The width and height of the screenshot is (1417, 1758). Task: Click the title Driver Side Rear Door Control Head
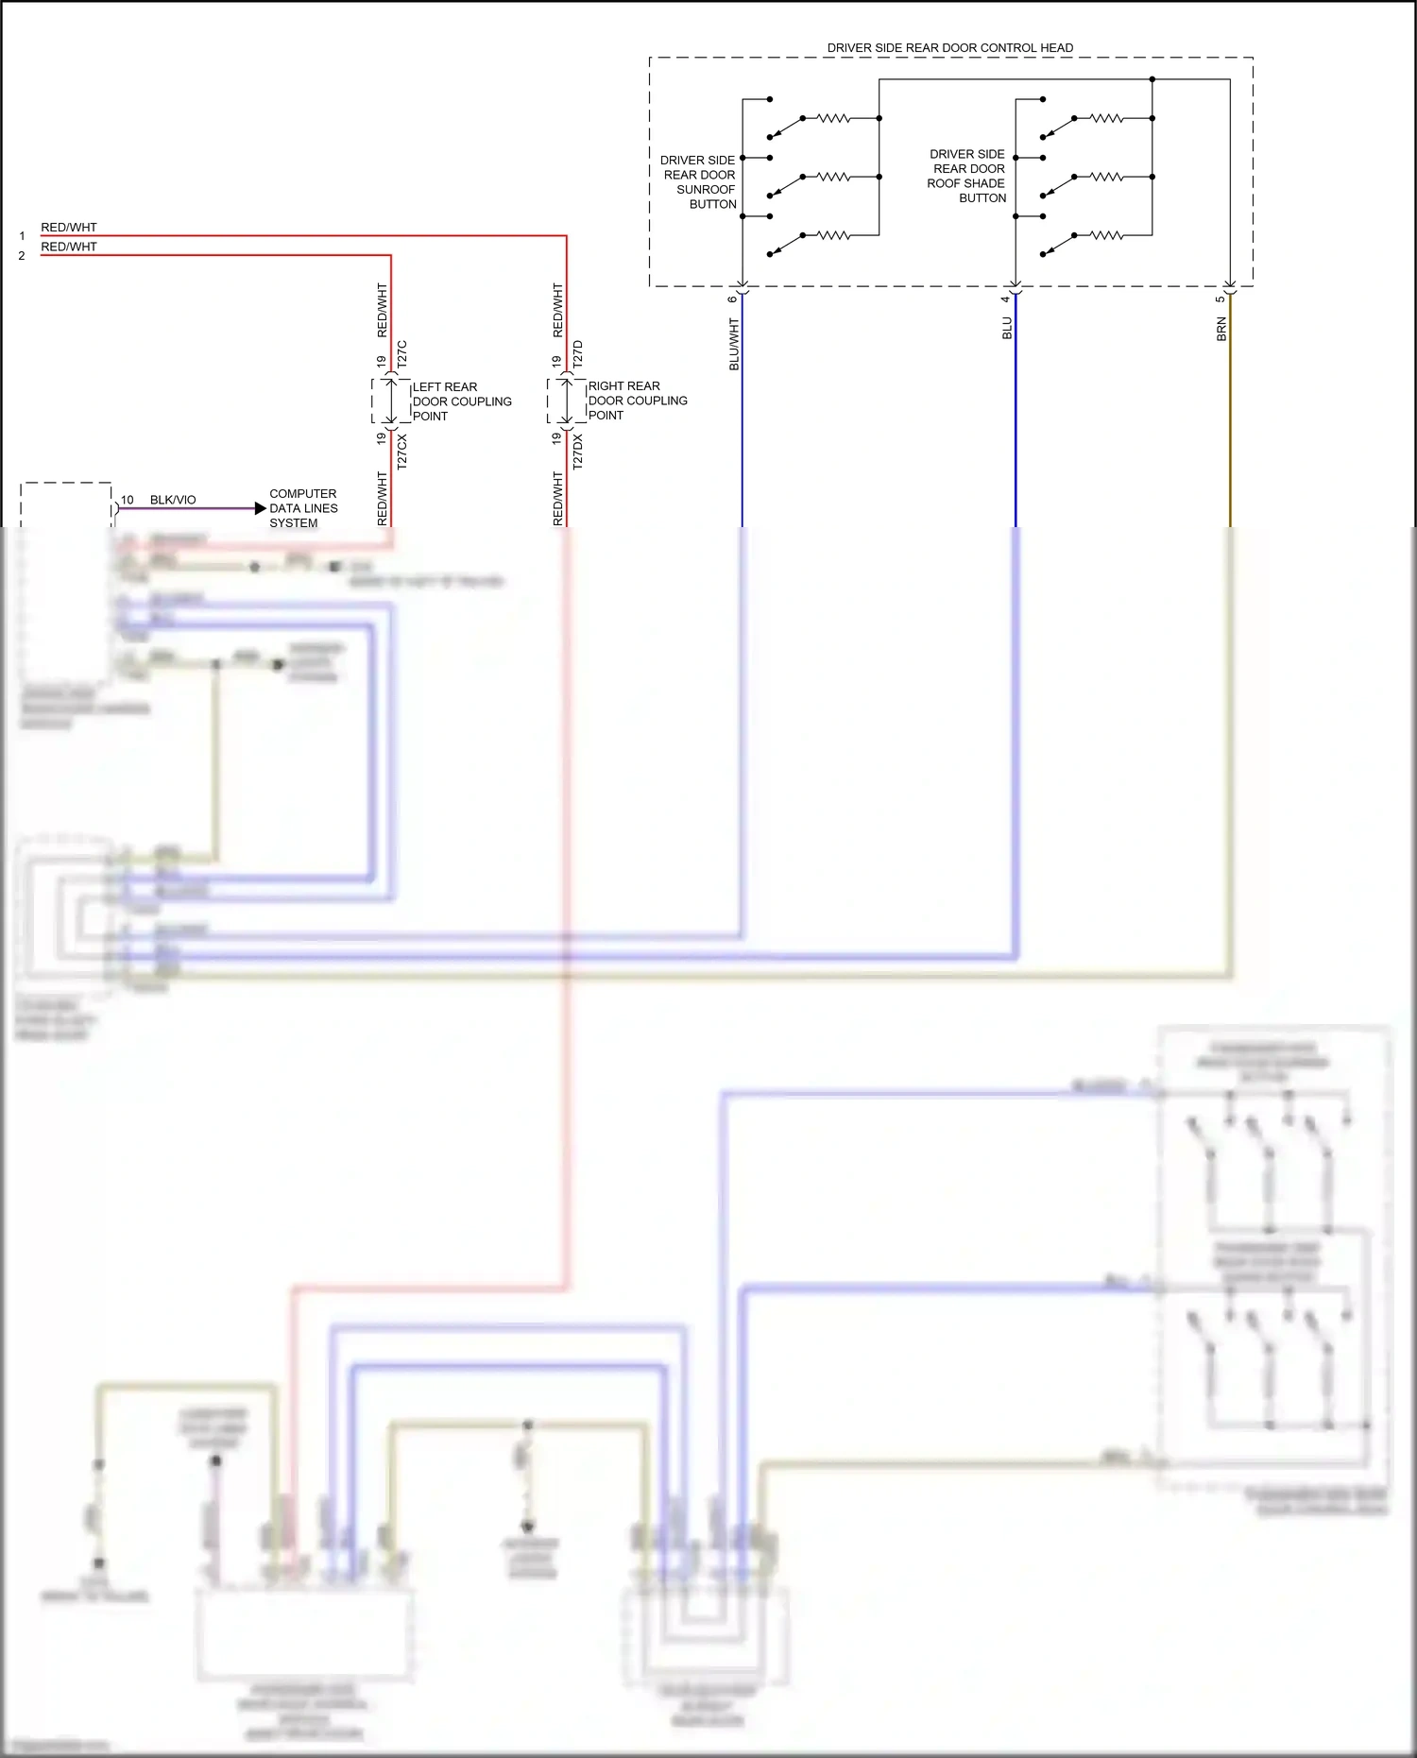949,47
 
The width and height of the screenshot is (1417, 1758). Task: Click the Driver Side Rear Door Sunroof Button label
699,182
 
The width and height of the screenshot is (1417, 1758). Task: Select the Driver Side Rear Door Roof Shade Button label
967,176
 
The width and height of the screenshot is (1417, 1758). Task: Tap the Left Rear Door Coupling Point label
461,401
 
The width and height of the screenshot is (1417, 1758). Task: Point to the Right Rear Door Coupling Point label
637,401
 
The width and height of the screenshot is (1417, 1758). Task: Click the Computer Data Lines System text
302,508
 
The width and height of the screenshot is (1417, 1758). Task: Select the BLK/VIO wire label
173,500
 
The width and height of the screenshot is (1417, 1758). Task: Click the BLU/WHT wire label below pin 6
734,344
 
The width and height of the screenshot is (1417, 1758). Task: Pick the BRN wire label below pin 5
1221,329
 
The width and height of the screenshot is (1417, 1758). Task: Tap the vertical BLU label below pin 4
1007,328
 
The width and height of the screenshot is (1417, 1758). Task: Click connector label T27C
401,354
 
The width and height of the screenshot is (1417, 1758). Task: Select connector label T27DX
578,452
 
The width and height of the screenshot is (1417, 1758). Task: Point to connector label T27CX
401,452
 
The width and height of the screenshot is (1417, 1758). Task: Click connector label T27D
578,354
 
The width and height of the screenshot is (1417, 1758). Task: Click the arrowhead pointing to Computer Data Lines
261,508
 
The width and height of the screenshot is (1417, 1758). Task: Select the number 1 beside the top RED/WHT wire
22,236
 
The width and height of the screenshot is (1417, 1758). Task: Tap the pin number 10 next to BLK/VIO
128,500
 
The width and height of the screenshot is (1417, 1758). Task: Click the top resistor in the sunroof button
833,118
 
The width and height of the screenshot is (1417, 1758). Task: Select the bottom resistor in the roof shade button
1106,235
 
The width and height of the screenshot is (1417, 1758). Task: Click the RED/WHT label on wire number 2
69,247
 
